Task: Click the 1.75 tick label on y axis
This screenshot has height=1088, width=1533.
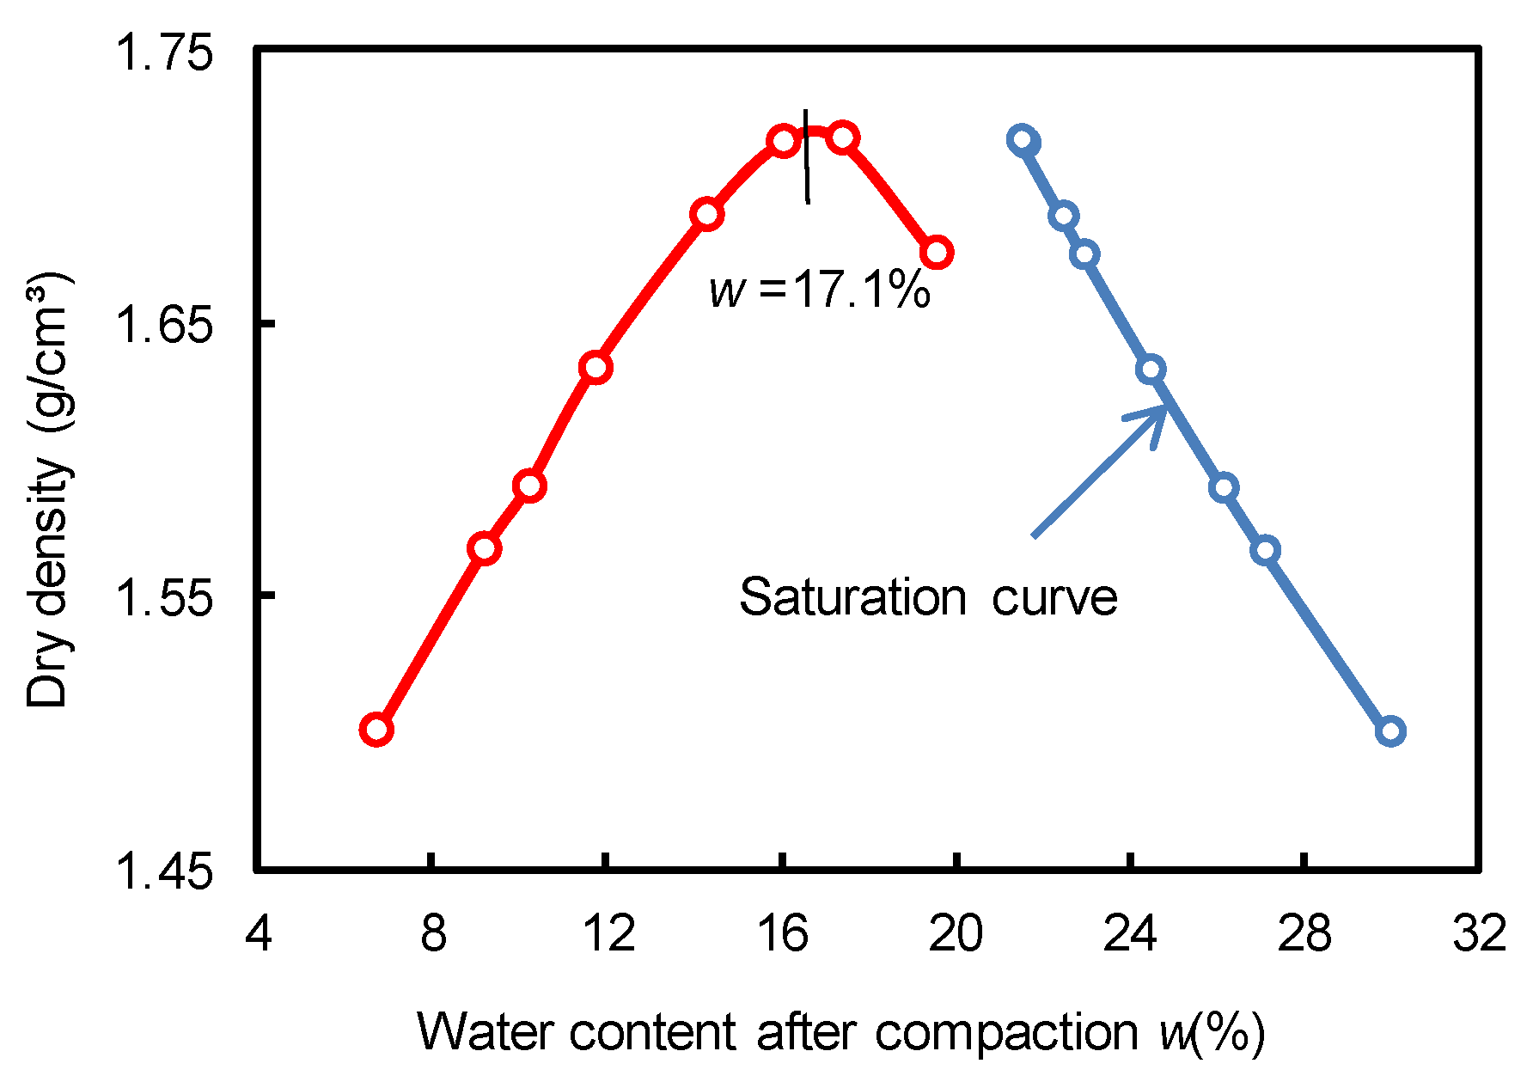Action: [163, 53]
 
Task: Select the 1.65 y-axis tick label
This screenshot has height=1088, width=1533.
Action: [163, 326]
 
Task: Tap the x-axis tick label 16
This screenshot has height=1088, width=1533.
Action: [783, 933]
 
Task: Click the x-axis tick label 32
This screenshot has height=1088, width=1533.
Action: [1479, 933]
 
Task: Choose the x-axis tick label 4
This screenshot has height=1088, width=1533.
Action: [259, 933]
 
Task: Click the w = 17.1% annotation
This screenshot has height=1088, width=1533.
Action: [820, 290]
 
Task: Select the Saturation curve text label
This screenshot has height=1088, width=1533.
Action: [928, 596]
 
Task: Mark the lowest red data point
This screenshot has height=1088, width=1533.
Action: [376, 730]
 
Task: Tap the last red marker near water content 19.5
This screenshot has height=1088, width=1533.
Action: [937, 253]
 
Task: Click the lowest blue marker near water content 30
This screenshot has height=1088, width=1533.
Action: [1390, 731]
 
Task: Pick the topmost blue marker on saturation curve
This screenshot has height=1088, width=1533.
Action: [1023, 140]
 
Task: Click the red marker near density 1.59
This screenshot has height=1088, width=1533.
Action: [530, 486]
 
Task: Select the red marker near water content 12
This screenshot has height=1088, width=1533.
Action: [595, 368]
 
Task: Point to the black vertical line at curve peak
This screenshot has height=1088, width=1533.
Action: [806, 156]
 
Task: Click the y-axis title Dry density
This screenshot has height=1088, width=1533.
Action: [48, 490]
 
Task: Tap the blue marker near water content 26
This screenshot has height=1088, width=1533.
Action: [1224, 487]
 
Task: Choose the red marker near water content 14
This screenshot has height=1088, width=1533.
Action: [707, 214]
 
